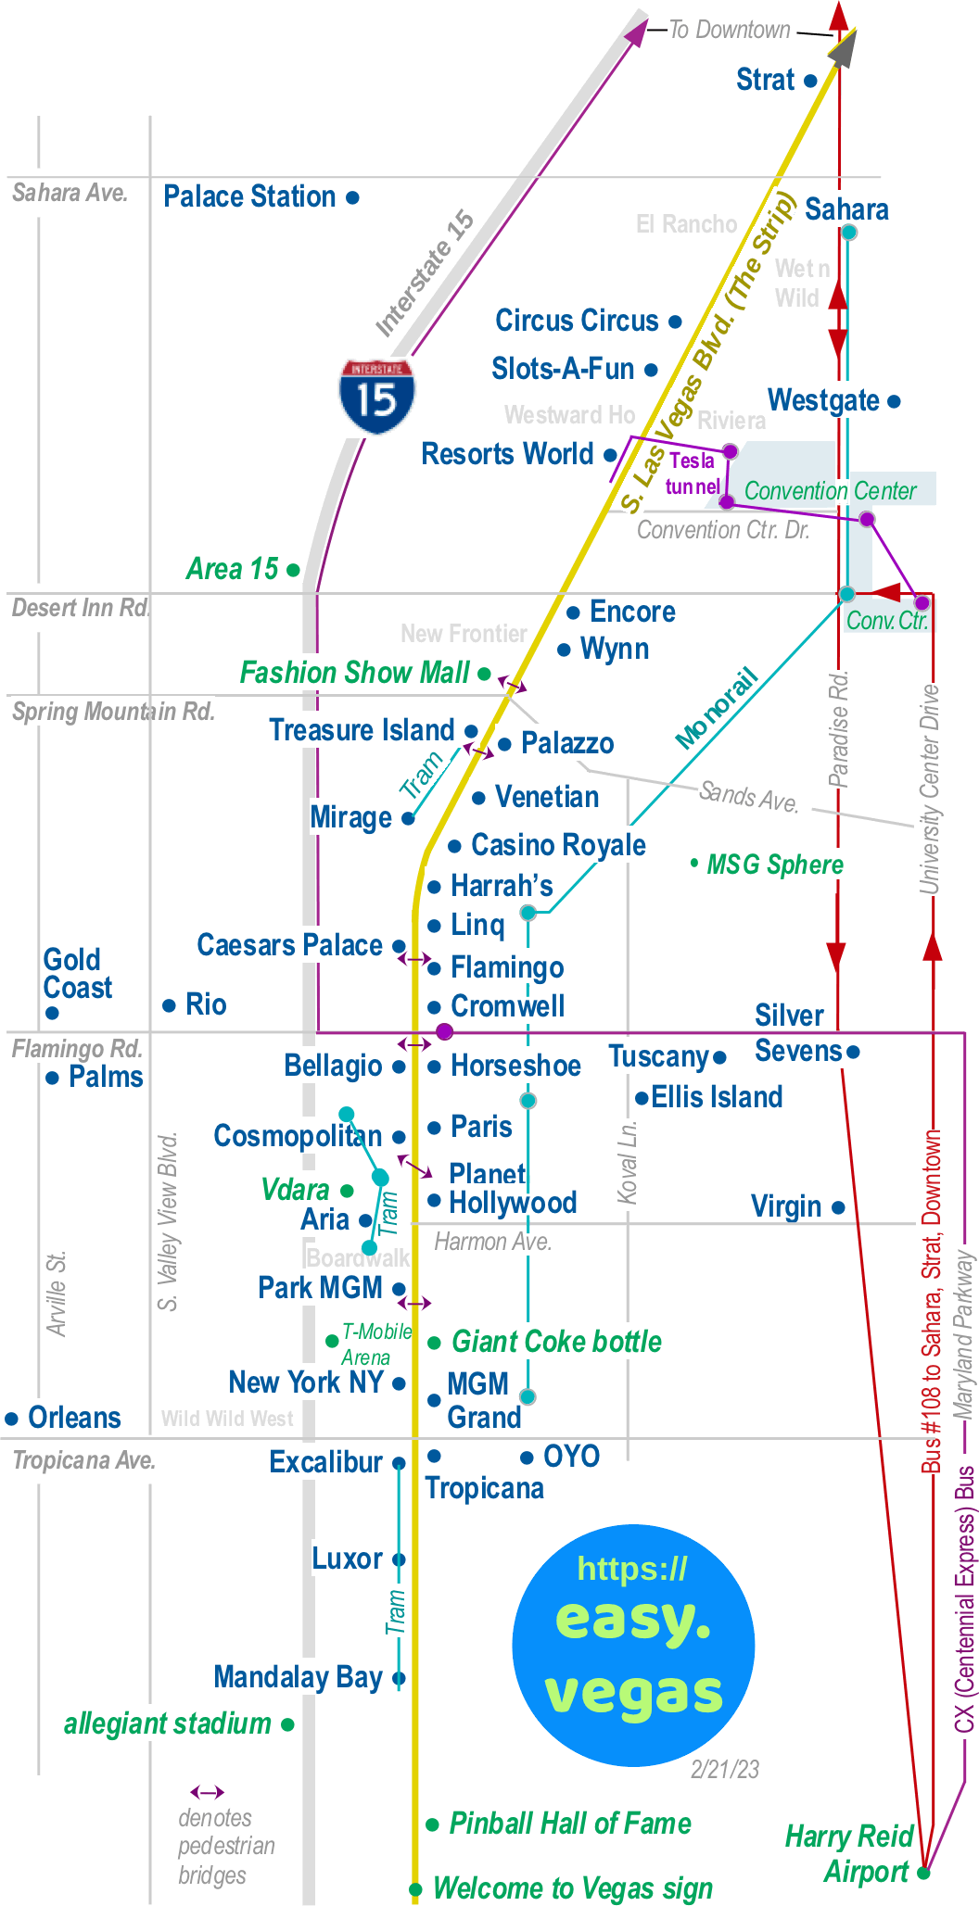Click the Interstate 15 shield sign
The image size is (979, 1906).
coord(376,397)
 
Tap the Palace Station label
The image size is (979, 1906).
coord(249,196)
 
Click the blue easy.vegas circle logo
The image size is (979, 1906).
coord(633,1645)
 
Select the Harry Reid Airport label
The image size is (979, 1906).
coord(849,1853)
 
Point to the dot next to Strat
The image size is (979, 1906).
coord(810,81)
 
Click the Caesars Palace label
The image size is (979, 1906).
coord(289,945)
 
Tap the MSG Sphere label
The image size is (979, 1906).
coord(775,865)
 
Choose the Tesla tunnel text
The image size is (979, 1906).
coord(692,473)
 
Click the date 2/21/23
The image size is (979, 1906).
coord(725,1769)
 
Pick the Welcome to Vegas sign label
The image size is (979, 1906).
coord(573,1887)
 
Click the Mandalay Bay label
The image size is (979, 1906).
coord(298,1677)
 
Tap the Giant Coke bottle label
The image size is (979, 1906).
coord(556,1342)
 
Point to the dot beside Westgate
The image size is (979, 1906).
coord(894,401)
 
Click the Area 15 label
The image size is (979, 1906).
coord(232,569)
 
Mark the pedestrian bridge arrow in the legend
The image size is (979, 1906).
coord(207,1792)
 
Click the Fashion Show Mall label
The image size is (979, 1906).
coord(354,673)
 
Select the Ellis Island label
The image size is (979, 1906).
coord(717,1097)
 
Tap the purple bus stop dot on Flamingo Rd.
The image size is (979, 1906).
coord(445,1031)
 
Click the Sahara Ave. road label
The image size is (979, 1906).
coord(70,193)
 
